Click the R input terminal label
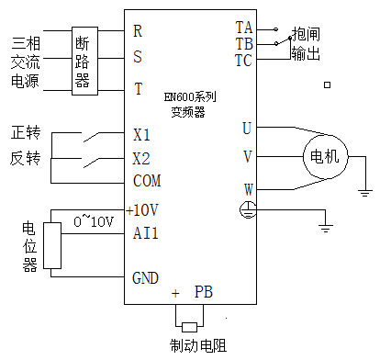138,30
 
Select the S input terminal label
138,57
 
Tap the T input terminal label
138,90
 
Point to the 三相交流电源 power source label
25,61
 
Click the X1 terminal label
141,135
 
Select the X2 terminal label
141,157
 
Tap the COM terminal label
147,180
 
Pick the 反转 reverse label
26,158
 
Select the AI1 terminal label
145,233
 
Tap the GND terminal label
145,277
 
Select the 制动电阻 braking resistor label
197,346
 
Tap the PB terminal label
204,293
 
